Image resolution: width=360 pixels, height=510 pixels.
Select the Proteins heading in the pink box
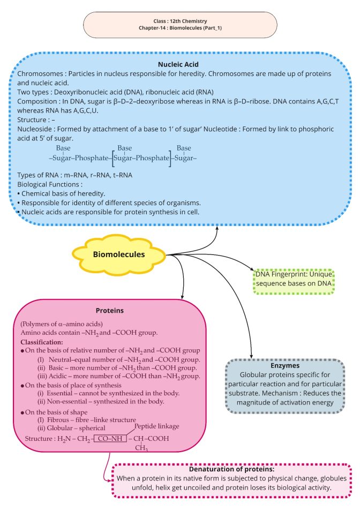click(x=110, y=310)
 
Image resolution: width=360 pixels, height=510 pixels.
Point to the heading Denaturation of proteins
click(x=231, y=469)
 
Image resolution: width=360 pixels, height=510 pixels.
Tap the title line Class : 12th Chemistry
click(x=179, y=20)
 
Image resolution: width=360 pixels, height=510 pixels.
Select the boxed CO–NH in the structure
click(x=110, y=439)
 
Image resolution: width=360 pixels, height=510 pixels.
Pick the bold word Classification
click(x=41, y=342)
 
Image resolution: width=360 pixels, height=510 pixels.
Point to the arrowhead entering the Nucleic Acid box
click(x=219, y=229)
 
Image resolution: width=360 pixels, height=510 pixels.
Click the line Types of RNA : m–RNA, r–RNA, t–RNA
click(x=75, y=175)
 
